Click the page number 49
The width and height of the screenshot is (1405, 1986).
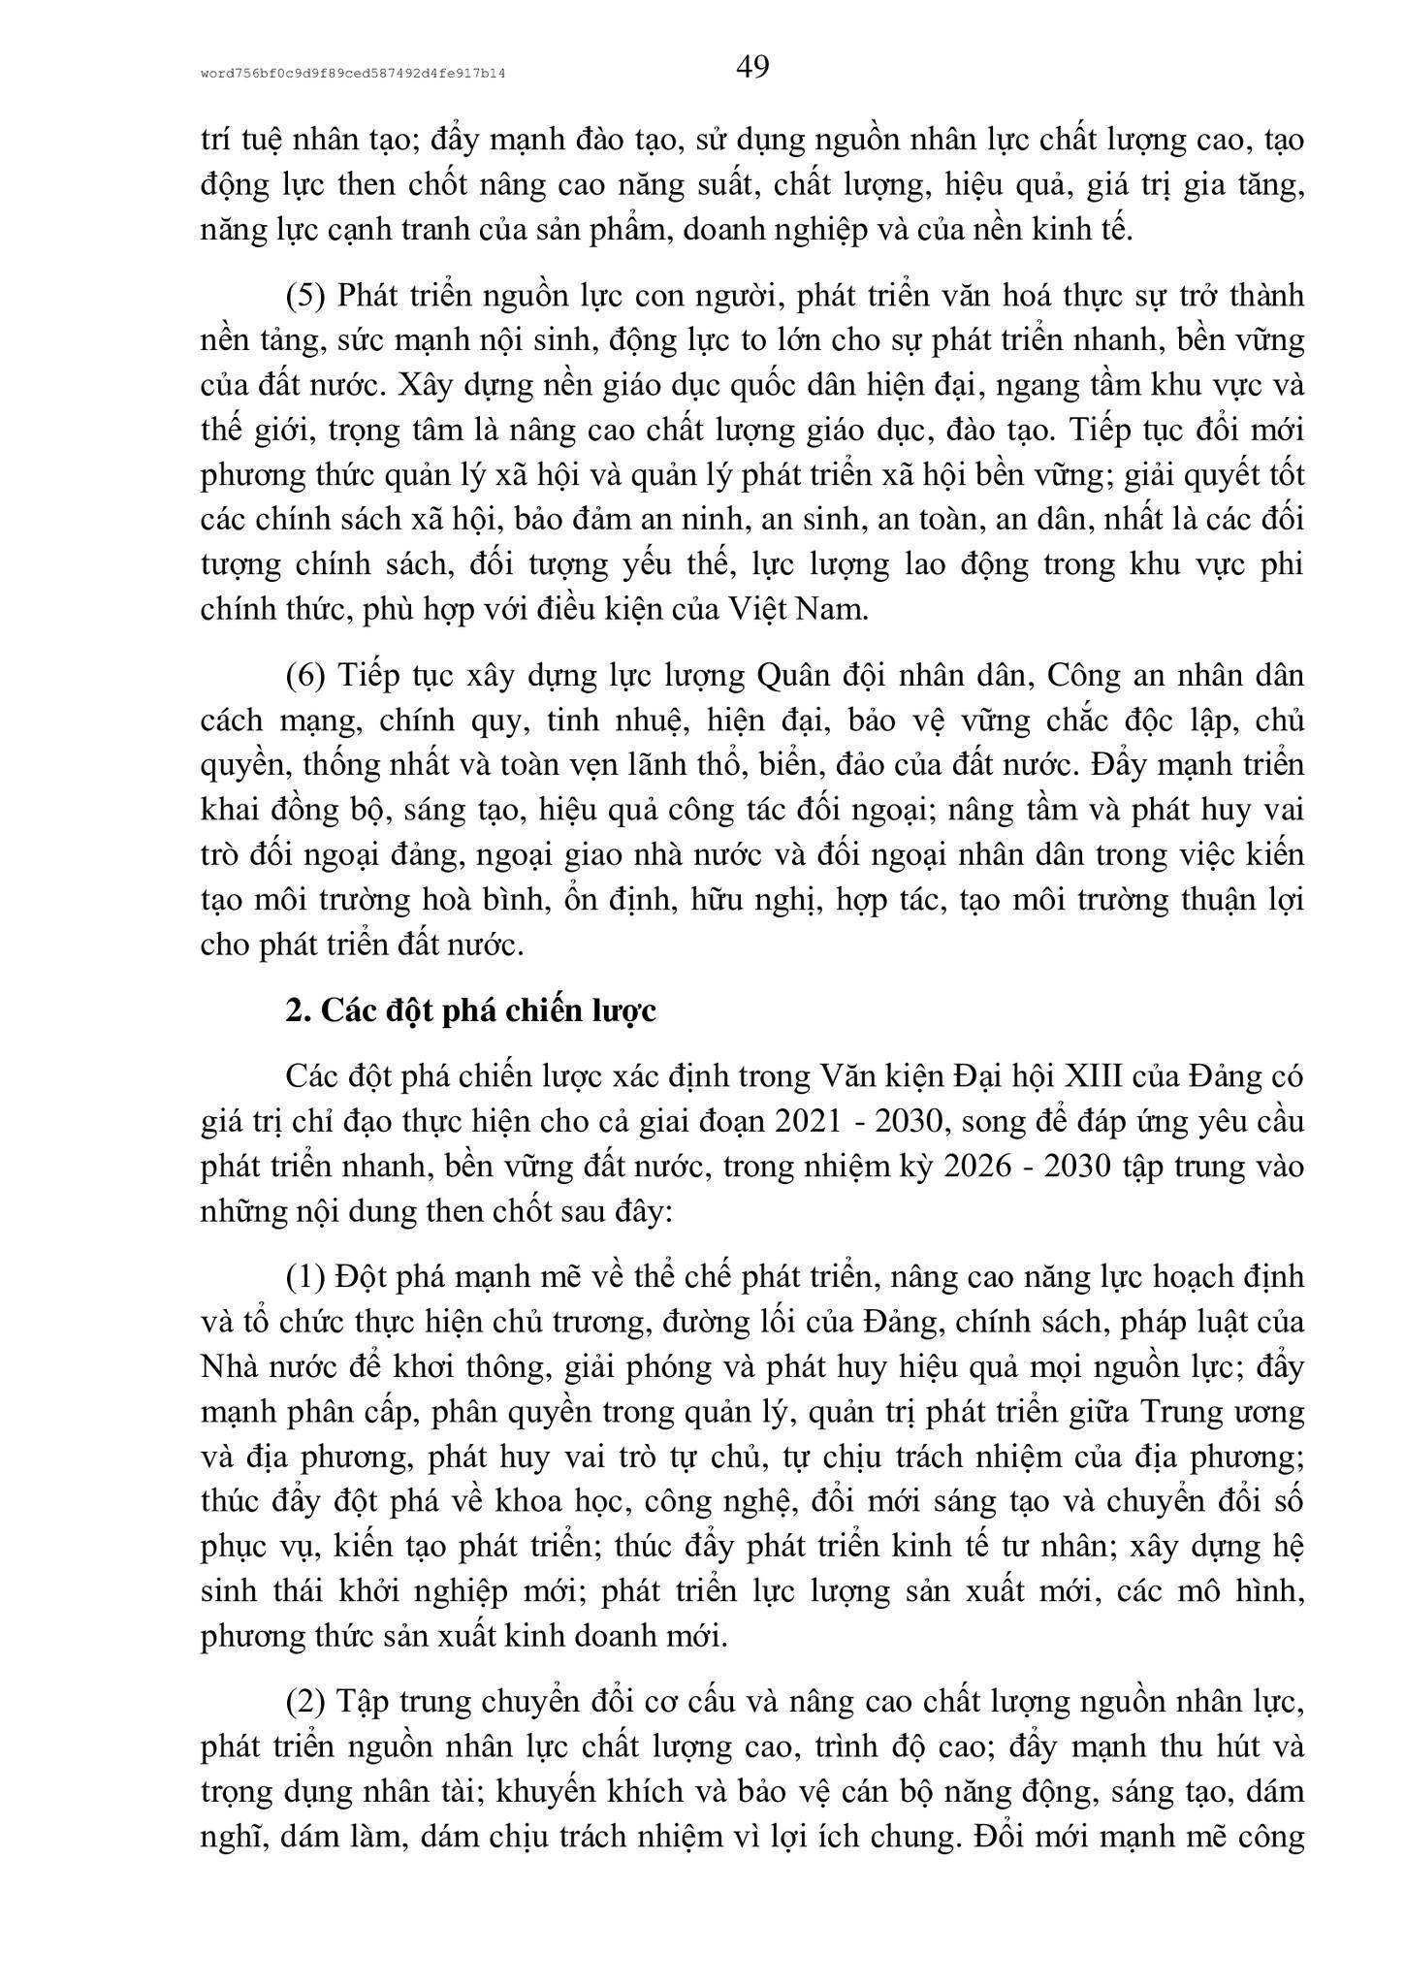[752, 67]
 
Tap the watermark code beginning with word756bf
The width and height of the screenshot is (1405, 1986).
[355, 73]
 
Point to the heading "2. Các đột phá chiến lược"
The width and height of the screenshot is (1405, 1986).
[471, 1010]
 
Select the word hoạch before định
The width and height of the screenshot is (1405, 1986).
[1171, 1277]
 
